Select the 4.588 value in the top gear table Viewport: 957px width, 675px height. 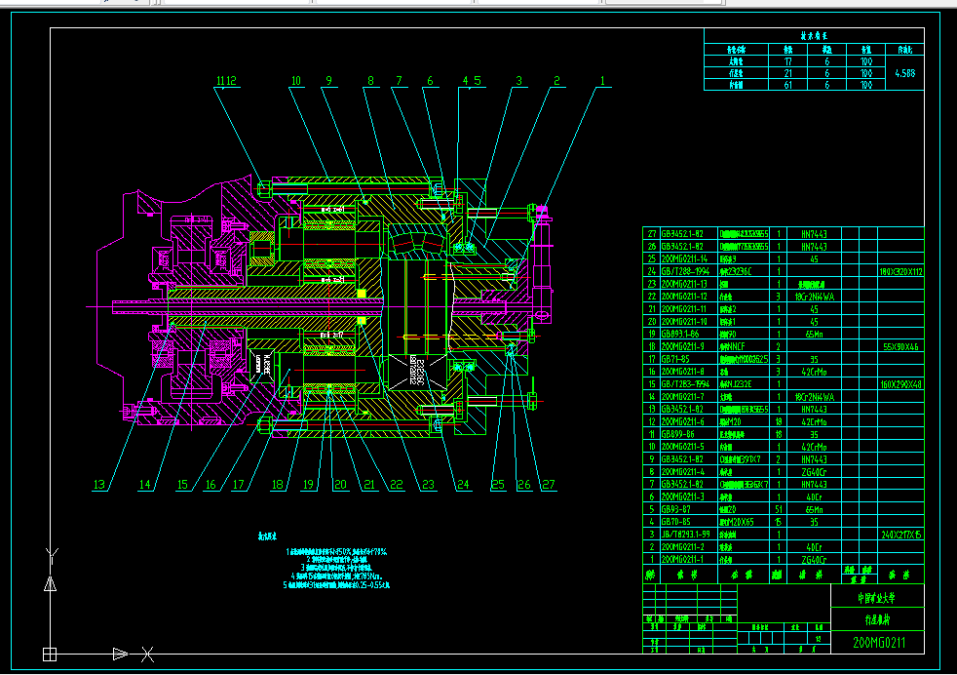903,72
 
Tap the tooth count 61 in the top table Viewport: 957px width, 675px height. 787,85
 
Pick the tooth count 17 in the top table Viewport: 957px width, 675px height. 787,60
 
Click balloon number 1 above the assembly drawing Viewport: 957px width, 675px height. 603,82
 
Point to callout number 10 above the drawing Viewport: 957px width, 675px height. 296,82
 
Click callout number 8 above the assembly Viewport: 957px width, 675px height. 370,82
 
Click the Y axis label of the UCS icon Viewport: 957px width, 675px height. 50,555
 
